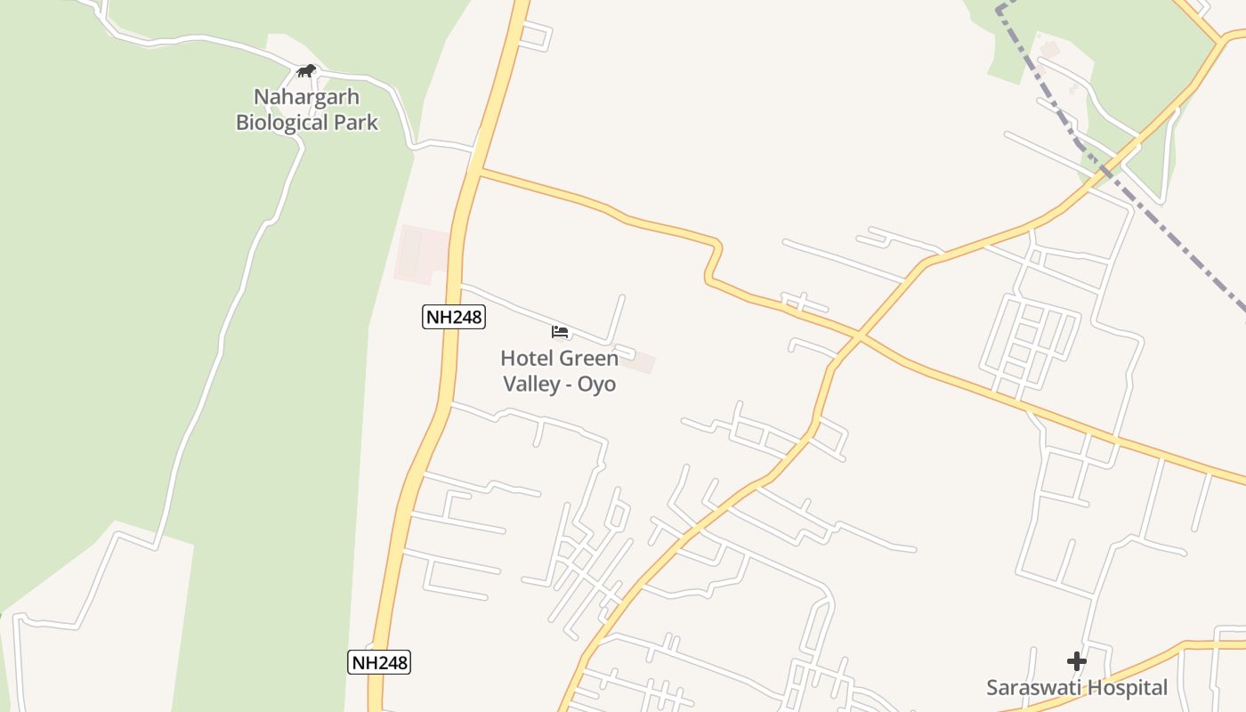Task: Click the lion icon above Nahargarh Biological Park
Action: (x=306, y=70)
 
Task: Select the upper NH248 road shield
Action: (x=453, y=317)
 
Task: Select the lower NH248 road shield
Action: (x=378, y=662)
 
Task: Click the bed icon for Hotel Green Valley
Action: (x=559, y=332)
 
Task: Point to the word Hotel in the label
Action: (x=525, y=359)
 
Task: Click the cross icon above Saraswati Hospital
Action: (x=1077, y=661)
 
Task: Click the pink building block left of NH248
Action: (x=422, y=253)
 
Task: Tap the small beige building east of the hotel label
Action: (x=637, y=362)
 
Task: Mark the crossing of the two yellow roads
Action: (x=859, y=336)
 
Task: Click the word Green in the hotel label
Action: (x=588, y=359)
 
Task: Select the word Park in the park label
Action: (x=356, y=123)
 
